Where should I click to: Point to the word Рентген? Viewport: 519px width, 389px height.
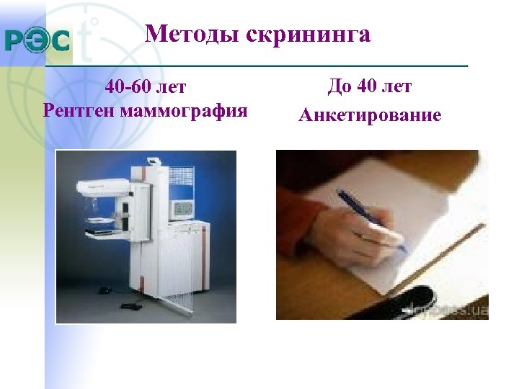point(80,112)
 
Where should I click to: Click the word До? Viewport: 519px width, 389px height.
point(338,87)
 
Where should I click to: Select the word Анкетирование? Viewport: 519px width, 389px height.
point(370,115)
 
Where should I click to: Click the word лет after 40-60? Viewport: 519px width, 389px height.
point(170,88)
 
